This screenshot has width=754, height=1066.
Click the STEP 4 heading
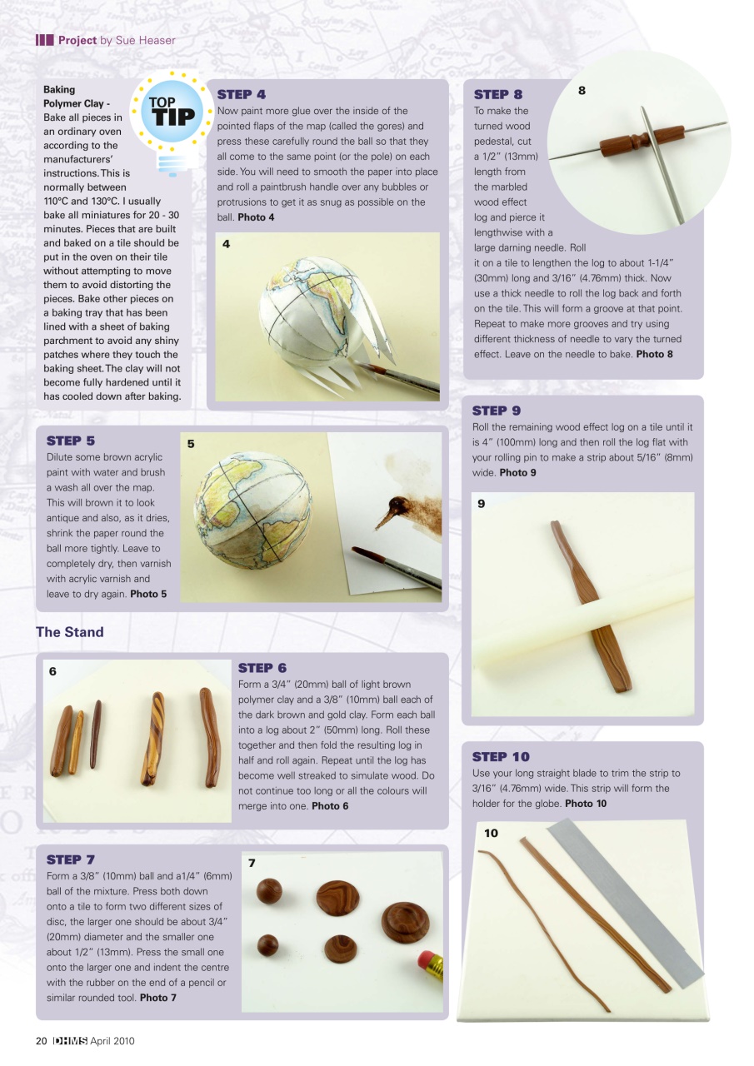pyautogui.click(x=241, y=95)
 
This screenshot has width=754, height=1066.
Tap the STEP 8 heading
pyautogui.click(x=497, y=95)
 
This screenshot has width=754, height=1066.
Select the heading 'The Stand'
pyautogui.click(x=70, y=632)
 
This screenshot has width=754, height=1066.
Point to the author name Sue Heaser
pyautogui.click(x=137, y=40)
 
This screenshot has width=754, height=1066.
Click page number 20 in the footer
pyautogui.click(x=41, y=1041)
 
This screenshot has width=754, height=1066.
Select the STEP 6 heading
pyautogui.click(x=262, y=668)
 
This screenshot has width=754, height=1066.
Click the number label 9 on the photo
pyautogui.click(x=482, y=503)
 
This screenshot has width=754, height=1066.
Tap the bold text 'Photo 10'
pyautogui.click(x=586, y=804)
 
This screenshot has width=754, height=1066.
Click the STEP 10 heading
pyautogui.click(x=501, y=757)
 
